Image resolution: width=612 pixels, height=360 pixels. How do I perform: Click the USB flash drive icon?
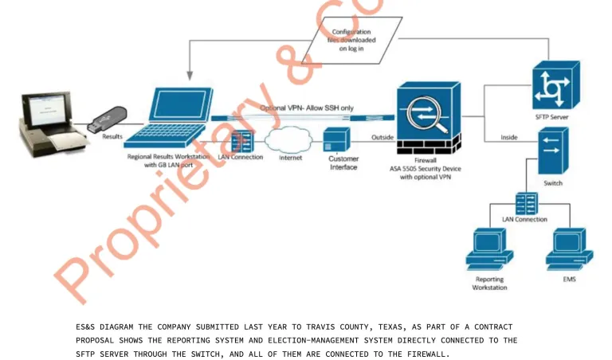[x=107, y=119]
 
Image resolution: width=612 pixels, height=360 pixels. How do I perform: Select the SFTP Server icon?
[x=555, y=84]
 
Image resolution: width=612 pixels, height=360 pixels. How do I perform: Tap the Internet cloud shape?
[x=288, y=140]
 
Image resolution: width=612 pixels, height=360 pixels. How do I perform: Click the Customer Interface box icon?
[x=336, y=139]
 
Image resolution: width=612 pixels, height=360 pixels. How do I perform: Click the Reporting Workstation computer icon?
[x=489, y=249]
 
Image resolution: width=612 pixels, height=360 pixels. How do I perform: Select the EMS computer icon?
[x=570, y=249]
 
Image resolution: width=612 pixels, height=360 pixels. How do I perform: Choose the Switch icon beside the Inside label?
[x=553, y=151]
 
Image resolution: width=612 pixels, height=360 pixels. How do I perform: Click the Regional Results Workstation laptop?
[x=169, y=117]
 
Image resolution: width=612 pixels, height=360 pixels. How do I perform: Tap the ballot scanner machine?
[x=52, y=124]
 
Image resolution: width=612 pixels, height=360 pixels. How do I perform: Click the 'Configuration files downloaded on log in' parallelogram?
[x=351, y=40]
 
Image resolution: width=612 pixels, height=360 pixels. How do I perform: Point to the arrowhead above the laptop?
[x=190, y=76]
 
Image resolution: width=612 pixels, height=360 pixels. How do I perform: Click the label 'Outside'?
[x=382, y=137]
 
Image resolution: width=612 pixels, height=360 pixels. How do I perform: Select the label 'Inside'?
[x=509, y=137]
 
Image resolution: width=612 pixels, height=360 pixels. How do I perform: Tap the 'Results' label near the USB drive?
[x=112, y=136]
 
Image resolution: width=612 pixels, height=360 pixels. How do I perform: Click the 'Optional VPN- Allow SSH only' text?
[x=307, y=108]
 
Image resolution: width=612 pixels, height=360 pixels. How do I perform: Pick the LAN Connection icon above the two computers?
[x=527, y=204]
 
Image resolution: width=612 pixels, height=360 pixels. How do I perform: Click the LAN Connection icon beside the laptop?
[x=242, y=142]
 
